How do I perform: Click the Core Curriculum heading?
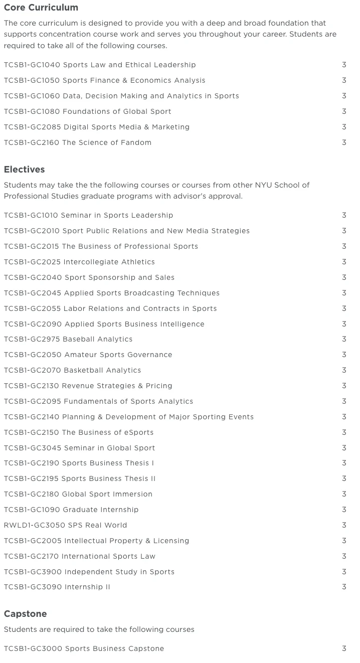tap(41, 8)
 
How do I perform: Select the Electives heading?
tap(24, 170)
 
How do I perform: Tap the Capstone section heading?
tap(25, 614)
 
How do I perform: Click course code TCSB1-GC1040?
tap(31, 65)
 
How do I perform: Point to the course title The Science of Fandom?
tap(106, 142)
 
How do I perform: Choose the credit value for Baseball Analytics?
tap(344, 339)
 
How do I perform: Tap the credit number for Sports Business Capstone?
tap(344, 648)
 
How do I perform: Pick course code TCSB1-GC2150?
tap(32, 432)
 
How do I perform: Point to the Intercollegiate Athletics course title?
tap(109, 262)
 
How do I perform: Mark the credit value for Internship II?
tap(344, 587)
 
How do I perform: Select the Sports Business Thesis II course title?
tap(109, 478)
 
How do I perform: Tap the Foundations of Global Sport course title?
tap(117, 111)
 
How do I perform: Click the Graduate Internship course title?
tap(100, 510)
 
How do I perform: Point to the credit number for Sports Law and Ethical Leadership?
tap(344, 65)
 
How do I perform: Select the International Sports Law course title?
tap(108, 556)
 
